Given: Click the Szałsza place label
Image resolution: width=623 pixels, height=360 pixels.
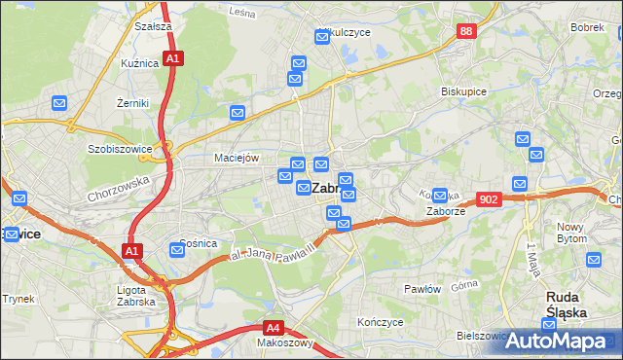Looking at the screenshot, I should point(154,26).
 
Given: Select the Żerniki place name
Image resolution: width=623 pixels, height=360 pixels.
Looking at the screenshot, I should point(131,101).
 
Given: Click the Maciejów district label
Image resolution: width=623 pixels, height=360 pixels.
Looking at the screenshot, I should point(235,157).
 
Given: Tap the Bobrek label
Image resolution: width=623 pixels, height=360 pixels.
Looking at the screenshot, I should point(588,27).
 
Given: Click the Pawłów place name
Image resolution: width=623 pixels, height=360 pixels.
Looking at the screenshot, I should point(423,289).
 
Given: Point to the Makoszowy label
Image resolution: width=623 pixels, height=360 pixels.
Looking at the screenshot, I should point(283,342).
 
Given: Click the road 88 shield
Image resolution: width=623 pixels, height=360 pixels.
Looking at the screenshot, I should point(466,32).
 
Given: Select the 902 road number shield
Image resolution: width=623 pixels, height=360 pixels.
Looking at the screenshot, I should point(489,199).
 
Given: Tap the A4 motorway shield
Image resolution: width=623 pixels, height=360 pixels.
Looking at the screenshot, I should point(274,328).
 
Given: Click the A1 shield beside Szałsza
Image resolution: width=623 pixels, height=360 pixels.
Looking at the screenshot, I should point(172,59).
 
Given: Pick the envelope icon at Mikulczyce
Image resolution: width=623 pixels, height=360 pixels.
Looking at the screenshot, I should point(323,37).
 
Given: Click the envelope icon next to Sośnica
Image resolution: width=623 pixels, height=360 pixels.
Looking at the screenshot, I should point(177,250).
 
